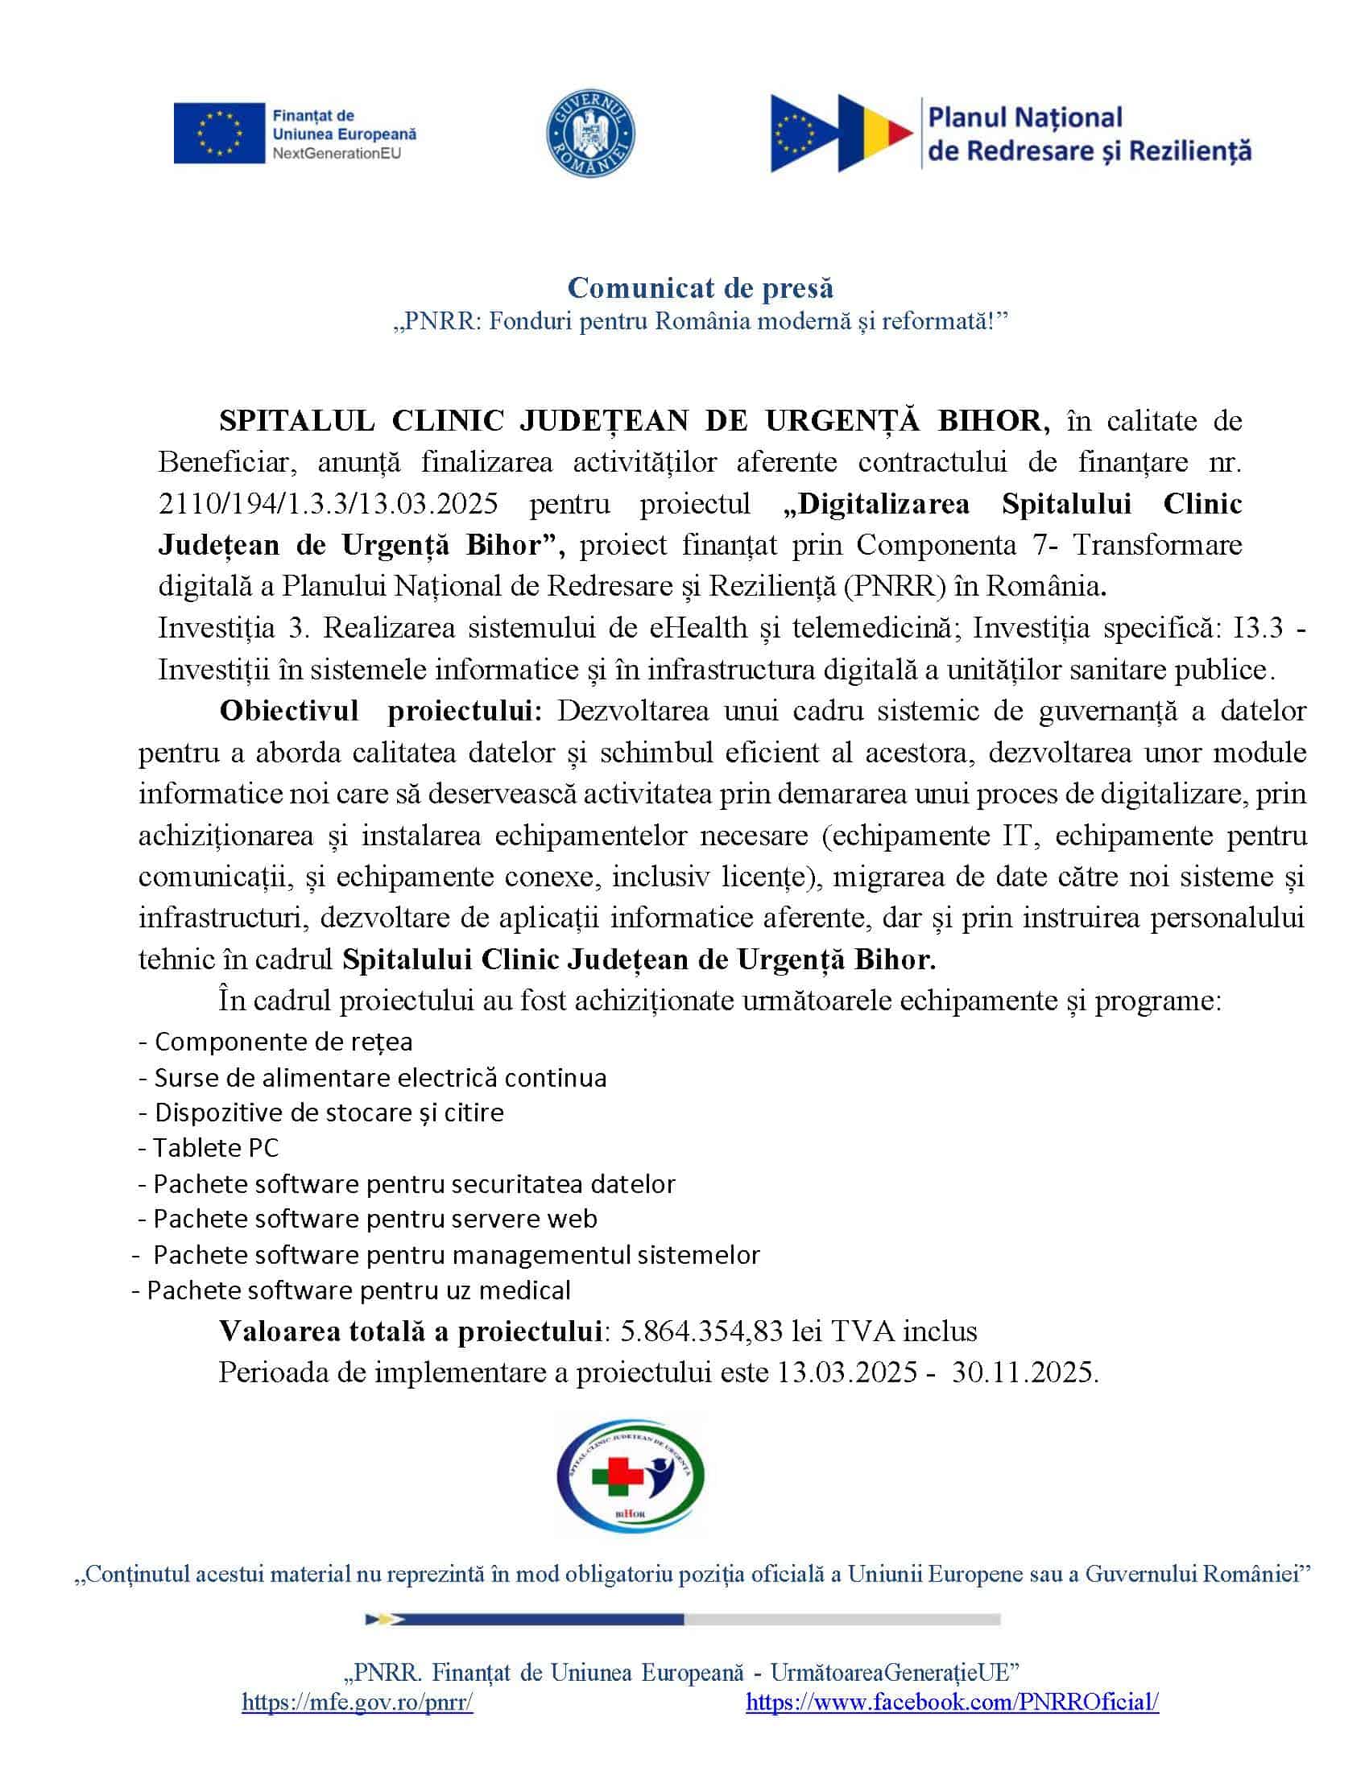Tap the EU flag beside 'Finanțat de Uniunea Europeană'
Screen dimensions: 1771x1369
(219, 133)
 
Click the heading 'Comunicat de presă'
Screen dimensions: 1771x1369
(700, 287)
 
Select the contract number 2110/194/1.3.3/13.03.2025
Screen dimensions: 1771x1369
(328, 504)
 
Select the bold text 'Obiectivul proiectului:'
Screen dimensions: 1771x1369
(380, 710)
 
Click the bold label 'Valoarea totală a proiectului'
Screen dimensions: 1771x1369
(410, 1331)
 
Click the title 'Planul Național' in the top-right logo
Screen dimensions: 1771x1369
(1024, 118)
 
